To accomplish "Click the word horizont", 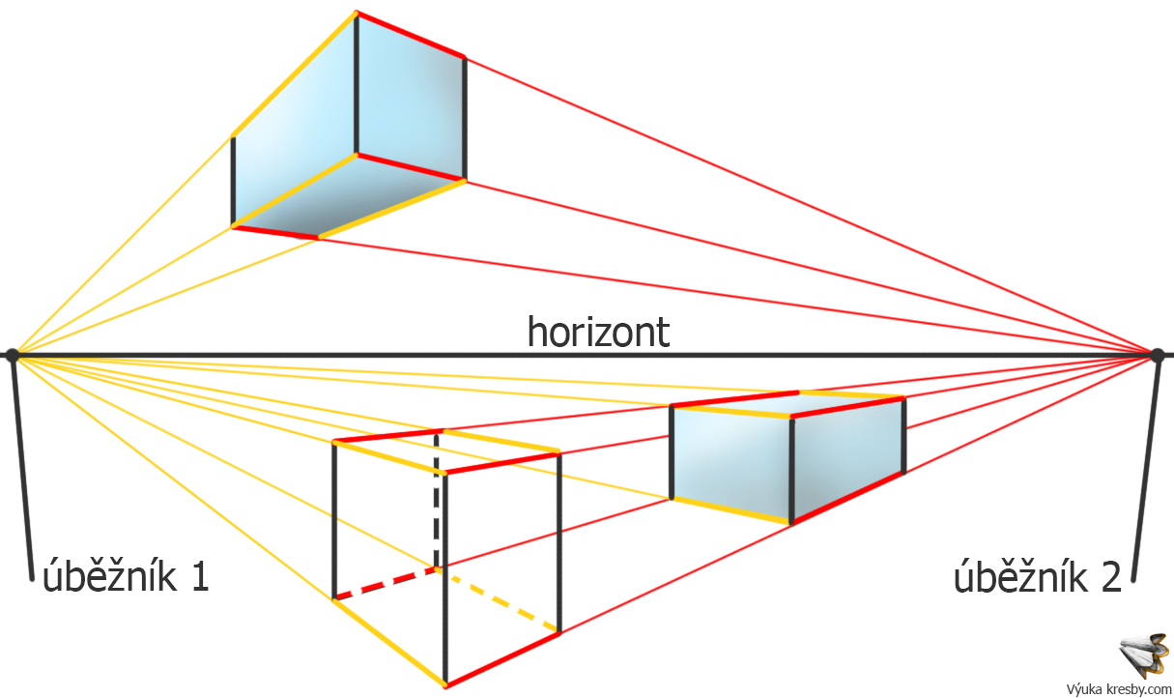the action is pyautogui.click(x=598, y=332).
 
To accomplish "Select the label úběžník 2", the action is pyautogui.click(x=1038, y=577).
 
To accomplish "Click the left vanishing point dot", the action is pyautogui.click(x=13, y=356).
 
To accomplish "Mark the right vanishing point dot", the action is pyautogui.click(x=1157, y=356).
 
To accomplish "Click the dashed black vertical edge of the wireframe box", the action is pyautogui.click(x=437, y=503).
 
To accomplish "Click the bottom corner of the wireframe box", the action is pyautogui.click(x=445, y=685).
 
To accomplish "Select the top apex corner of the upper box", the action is pyautogui.click(x=357, y=14).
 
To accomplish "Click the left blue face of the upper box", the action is pyautogui.click(x=295, y=135).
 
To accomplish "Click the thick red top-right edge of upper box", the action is pyautogui.click(x=411, y=36).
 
